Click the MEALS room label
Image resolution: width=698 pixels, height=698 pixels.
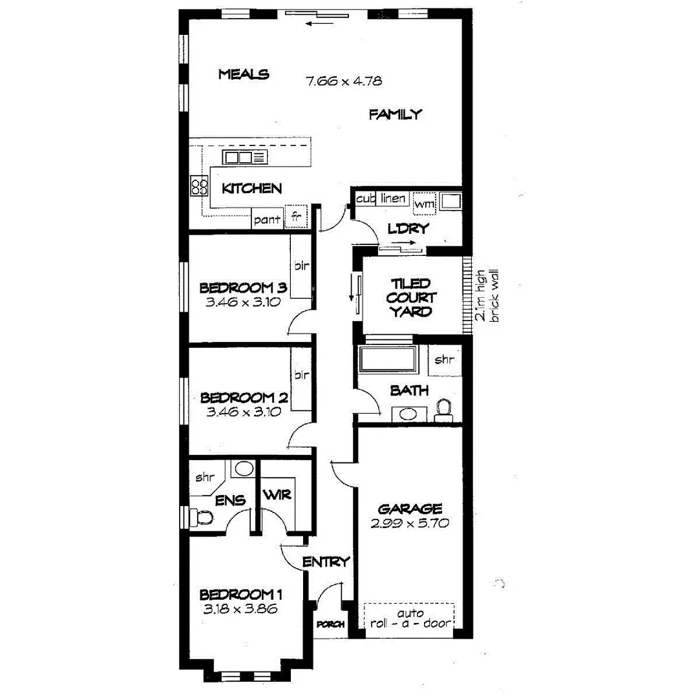243,74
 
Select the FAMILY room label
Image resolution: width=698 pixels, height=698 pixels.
395,115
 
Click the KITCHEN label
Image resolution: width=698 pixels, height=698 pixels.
251,189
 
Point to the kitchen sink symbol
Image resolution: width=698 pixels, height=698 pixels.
244,158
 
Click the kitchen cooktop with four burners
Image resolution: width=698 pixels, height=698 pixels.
199,187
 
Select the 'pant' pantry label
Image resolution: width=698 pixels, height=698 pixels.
267,220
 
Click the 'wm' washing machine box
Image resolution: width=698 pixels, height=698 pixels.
424,204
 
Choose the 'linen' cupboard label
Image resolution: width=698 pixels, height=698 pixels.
393,198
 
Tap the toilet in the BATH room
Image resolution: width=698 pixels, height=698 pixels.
443,408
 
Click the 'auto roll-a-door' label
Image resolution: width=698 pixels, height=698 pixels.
410,619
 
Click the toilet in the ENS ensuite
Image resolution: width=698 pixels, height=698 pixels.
203,517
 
